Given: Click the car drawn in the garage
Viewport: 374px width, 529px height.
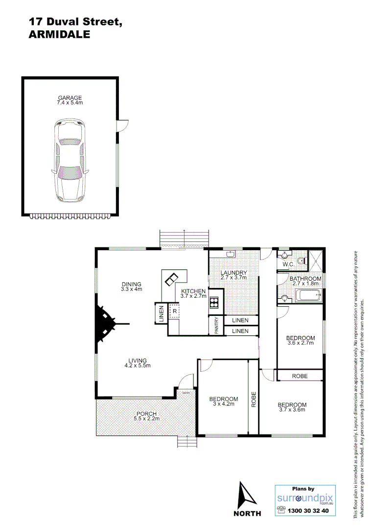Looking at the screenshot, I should [70, 160].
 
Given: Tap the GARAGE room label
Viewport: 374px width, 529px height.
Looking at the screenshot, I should [70, 97].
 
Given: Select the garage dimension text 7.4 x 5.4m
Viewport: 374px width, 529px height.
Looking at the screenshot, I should [70, 103].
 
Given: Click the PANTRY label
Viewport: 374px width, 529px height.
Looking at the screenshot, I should [216, 326].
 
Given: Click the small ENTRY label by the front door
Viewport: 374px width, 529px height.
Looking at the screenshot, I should [186, 393].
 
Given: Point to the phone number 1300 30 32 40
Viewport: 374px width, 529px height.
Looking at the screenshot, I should [309, 511].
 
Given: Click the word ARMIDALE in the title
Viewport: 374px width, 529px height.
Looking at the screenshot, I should [60, 34].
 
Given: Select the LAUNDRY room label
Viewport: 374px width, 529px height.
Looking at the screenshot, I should [234, 272].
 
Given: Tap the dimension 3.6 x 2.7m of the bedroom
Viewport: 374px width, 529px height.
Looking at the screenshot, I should [300, 343].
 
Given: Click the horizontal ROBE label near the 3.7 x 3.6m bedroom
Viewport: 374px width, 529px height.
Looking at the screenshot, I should [300, 376].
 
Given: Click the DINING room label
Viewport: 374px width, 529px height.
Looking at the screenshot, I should [131, 284].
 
